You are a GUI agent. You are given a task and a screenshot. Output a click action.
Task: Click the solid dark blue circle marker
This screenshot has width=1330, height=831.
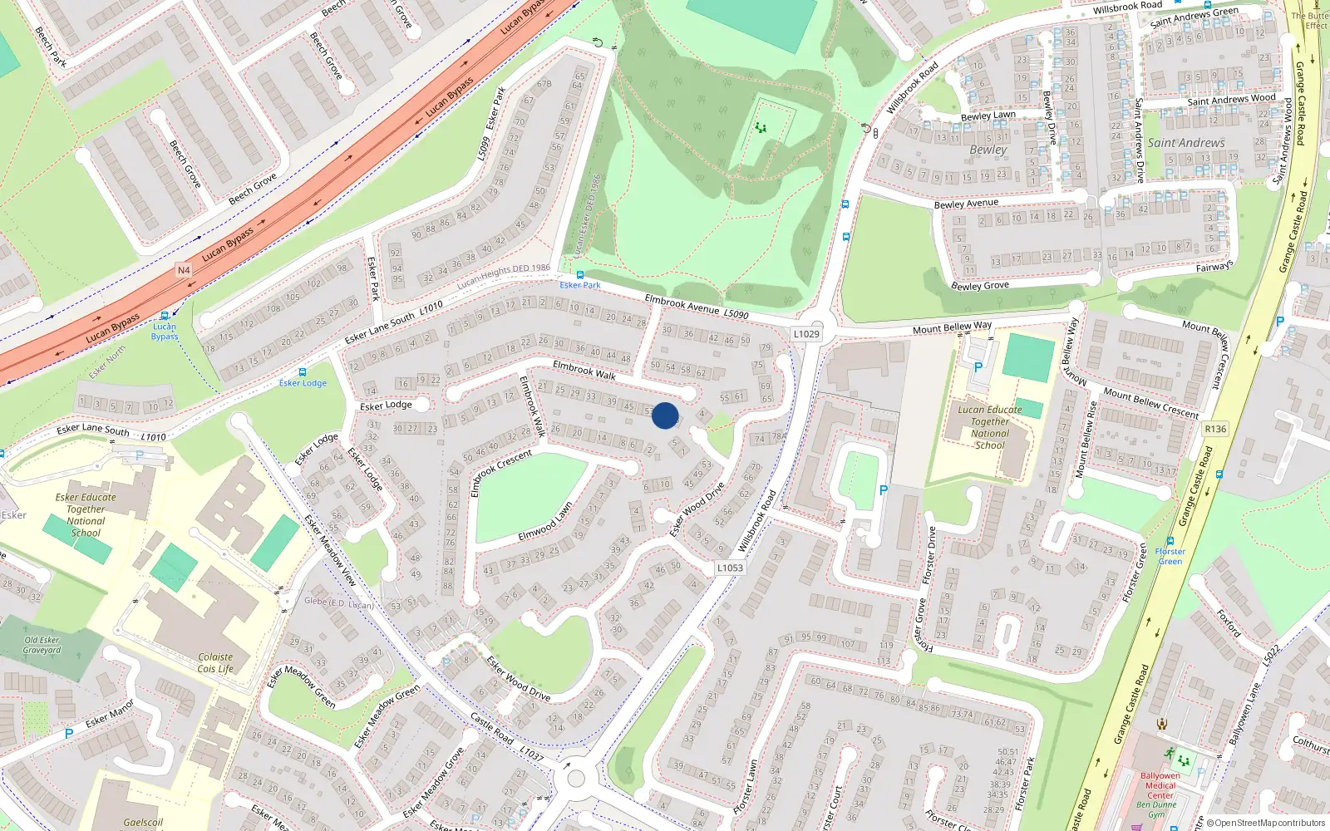665,415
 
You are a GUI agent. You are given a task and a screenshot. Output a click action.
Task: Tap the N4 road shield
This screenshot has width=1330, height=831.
184,270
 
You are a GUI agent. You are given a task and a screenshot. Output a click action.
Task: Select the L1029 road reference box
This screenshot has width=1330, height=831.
805,334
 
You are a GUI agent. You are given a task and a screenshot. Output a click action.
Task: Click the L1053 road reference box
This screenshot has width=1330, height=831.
730,568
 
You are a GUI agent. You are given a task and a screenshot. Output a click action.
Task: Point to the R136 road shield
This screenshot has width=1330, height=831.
1215,429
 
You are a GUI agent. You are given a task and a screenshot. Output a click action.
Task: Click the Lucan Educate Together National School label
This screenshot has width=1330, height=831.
990,427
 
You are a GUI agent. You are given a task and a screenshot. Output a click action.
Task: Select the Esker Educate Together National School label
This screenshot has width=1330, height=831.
86,515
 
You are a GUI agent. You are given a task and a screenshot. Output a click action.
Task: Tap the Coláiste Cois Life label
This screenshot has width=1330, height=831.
215,662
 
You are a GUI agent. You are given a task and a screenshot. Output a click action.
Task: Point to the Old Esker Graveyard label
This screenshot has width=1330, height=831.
42,645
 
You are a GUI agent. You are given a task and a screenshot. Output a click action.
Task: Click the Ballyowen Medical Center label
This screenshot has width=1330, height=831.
1160,785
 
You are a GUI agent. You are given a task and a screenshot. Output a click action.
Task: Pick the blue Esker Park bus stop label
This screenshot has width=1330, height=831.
580,285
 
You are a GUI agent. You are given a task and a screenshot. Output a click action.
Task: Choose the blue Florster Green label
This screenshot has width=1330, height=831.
1170,556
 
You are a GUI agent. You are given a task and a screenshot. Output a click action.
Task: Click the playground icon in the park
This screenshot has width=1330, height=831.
760,128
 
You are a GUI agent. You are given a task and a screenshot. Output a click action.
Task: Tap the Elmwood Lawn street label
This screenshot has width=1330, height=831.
545,522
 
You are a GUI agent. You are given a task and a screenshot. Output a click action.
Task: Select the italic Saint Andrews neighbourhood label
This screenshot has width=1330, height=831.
1186,143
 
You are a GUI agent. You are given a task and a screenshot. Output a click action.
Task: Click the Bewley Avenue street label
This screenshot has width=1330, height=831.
966,204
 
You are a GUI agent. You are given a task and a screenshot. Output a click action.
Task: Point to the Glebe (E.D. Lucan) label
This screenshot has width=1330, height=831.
339,602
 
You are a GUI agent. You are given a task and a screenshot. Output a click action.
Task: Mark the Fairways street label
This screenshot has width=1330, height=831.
1214,267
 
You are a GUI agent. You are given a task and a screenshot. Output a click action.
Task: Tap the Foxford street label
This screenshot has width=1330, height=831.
1229,623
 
